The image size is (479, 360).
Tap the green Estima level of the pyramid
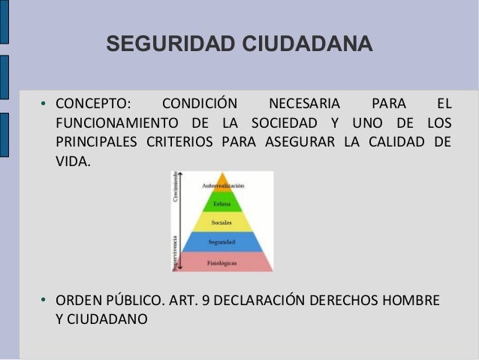(223, 204)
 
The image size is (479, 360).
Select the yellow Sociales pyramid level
(222, 222)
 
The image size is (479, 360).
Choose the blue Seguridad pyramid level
(222, 242)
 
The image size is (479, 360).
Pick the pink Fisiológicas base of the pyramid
(222, 262)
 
